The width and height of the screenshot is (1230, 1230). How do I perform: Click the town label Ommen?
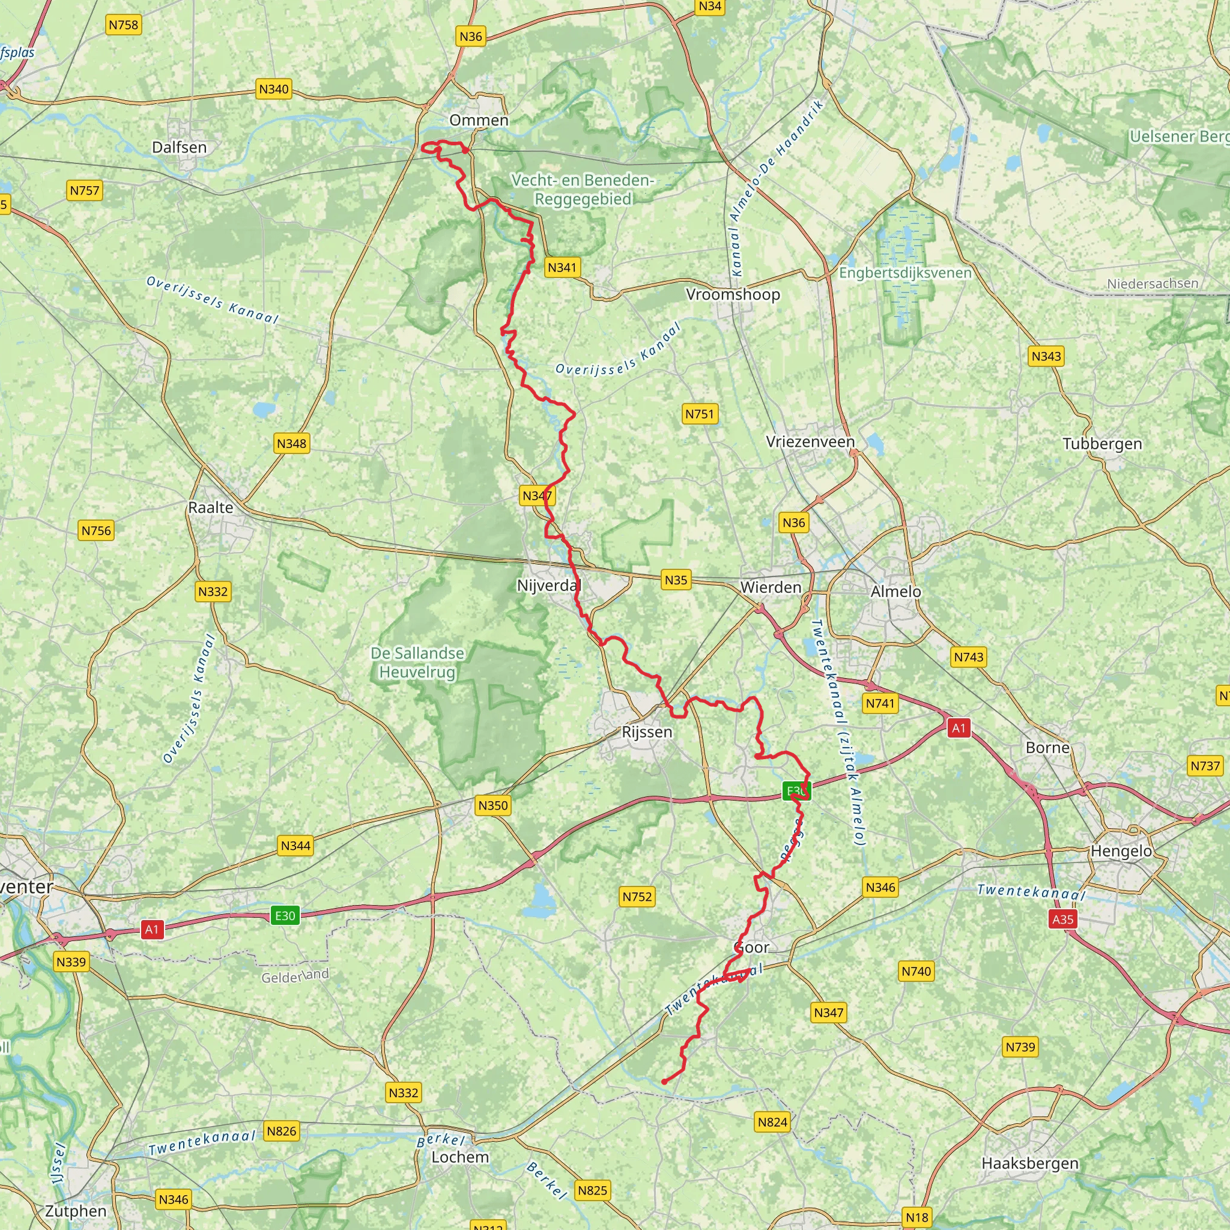tap(479, 120)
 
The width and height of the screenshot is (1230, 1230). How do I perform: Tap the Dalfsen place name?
tap(179, 147)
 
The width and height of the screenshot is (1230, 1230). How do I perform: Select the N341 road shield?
tap(562, 267)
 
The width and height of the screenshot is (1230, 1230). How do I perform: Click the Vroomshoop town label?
tap(733, 294)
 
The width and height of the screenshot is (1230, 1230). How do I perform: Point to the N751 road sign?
tap(700, 414)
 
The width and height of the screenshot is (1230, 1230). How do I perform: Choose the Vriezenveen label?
tap(810, 441)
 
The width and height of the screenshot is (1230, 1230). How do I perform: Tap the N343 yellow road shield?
tap(1046, 356)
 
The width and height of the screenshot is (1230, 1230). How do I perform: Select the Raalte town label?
tap(211, 507)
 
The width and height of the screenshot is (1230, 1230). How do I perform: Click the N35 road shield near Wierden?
tap(676, 580)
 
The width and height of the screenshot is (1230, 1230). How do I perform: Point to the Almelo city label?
tap(895, 592)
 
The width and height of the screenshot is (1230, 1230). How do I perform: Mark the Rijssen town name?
tap(647, 732)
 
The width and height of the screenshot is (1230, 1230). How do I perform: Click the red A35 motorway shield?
tap(1062, 919)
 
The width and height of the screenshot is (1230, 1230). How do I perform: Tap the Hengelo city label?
tap(1121, 851)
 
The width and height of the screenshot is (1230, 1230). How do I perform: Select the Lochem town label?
tap(460, 1157)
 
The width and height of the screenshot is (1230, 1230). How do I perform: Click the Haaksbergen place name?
tap(1029, 1163)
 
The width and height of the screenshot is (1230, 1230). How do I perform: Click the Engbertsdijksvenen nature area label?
tap(904, 273)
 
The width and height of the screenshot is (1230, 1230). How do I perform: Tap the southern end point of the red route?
tap(664, 1082)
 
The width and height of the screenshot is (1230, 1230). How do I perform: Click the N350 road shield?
tap(492, 805)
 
